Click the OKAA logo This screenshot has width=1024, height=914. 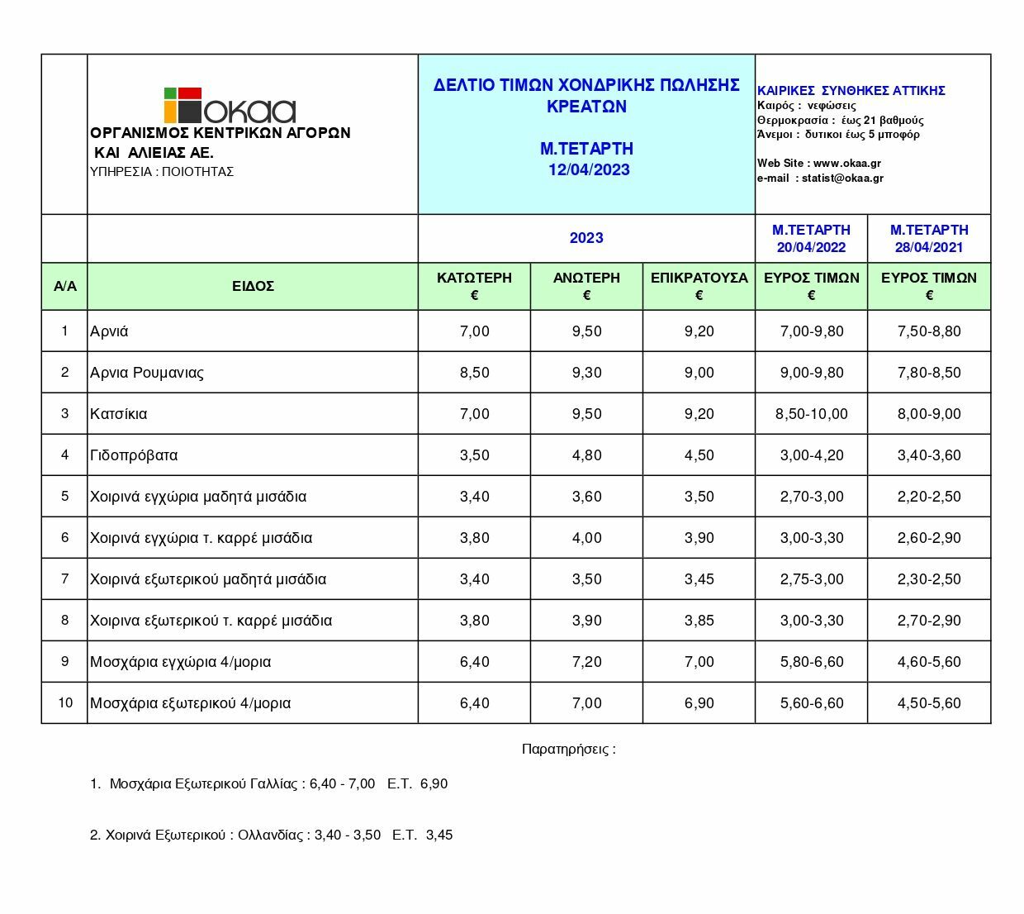[x=229, y=106]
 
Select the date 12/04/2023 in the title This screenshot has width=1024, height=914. [x=589, y=170]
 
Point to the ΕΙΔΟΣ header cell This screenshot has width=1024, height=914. [x=253, y=287]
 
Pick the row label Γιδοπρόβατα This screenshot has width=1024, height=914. [x=134, y=455]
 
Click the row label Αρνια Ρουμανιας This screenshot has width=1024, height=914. [x=147, y=373]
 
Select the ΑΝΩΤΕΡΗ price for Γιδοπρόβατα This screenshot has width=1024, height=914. [x=586, y=455]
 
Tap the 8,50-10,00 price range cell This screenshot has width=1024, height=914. [x=811, y=414]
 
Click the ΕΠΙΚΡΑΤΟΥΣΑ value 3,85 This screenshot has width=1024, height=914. [x=699, y=621]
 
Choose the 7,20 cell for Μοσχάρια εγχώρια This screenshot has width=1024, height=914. [x=586, y=662]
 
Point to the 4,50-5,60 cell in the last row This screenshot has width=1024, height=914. [x=929, y=703]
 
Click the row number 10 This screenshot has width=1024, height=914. [x=65, y=702]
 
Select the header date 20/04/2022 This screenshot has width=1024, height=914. [x=811, y=247]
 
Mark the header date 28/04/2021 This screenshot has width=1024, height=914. [x=929, y=247]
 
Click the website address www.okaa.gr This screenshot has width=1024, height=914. [x=846, y=164]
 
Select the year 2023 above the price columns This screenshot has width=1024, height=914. [x=586, y=238]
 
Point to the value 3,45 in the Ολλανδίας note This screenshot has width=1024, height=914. [x=439, y=835]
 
